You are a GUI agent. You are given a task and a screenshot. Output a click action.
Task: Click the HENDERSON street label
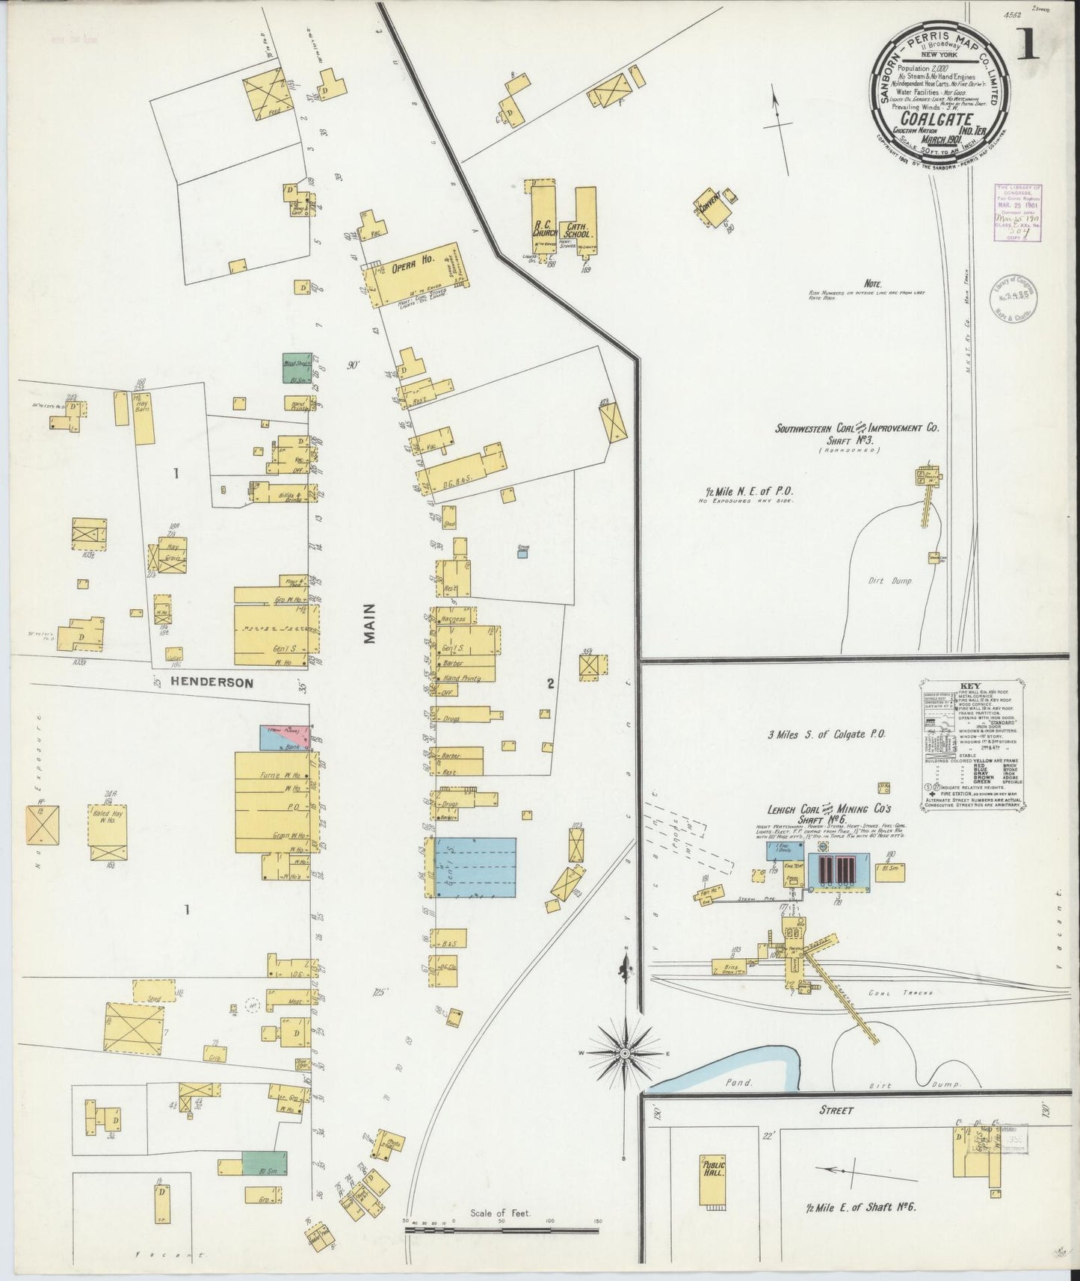[211, 682]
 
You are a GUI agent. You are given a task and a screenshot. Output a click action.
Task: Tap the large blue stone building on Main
[475, 867]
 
